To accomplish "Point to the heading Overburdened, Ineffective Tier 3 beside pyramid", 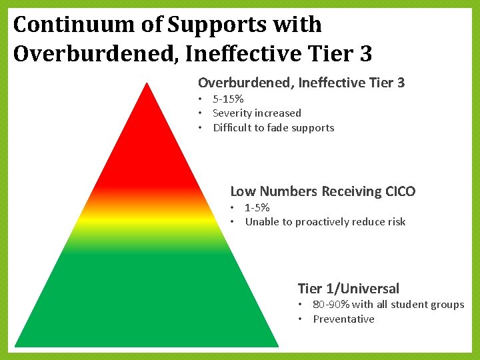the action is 301,83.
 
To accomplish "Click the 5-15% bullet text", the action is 228,99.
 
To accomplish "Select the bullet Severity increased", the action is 257,113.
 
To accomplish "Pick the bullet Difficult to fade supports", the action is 273,127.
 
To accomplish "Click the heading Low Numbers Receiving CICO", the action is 323,191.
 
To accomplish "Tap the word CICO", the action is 400,191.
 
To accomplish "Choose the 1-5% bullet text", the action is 257,207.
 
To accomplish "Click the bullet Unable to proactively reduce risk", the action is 325,221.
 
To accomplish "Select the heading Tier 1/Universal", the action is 348,289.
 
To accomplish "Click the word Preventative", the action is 343,319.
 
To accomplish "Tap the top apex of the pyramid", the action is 147,83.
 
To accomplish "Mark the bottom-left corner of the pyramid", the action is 17,345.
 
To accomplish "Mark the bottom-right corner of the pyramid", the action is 277,345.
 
